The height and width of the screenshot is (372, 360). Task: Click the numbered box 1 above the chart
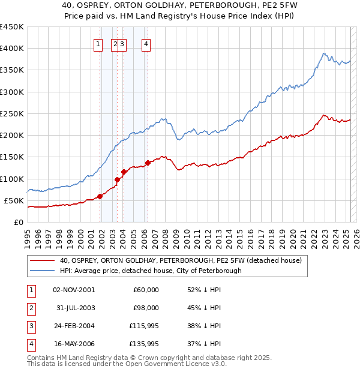click(x=97, y=43)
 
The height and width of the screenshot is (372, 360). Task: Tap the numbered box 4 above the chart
click(x=146, y=43)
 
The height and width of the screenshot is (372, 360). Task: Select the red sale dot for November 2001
click(x=100, y=196)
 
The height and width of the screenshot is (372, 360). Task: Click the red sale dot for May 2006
click(x=148, y=163)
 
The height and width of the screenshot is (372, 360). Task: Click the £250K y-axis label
click(x=12, y=113)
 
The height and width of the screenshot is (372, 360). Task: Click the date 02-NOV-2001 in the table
click(x=74, y=290)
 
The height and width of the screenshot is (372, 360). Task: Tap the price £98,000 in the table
click(x=146, y=308)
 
